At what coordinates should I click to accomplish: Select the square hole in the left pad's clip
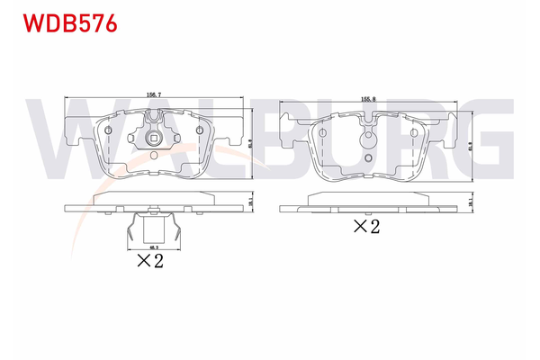(x=155, y=139)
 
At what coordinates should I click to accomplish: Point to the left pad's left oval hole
(x=110, y=132)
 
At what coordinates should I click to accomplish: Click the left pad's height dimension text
(x=249, y=141)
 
